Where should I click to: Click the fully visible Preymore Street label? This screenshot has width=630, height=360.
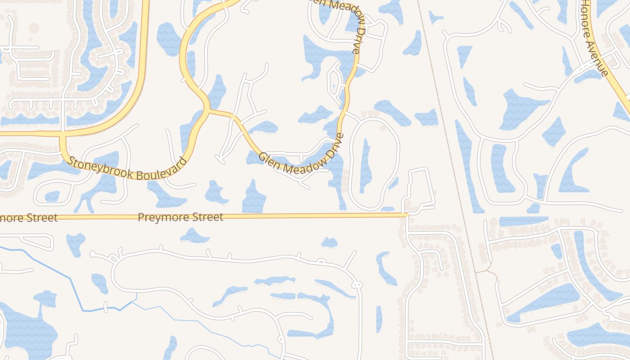pos(180,217)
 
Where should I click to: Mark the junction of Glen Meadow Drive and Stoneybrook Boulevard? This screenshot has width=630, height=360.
pos(209,110)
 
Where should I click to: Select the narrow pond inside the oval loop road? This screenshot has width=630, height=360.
pos(365,166)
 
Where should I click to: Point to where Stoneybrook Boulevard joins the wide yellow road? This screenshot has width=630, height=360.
pos(62,134)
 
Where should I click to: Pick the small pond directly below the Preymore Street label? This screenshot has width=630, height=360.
pos(194,235)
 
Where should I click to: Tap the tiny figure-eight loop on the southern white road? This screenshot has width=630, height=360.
pos(357,285)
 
